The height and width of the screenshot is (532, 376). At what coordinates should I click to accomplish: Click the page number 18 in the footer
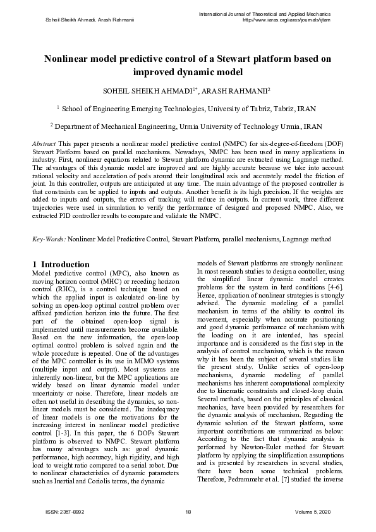(188, 512)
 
